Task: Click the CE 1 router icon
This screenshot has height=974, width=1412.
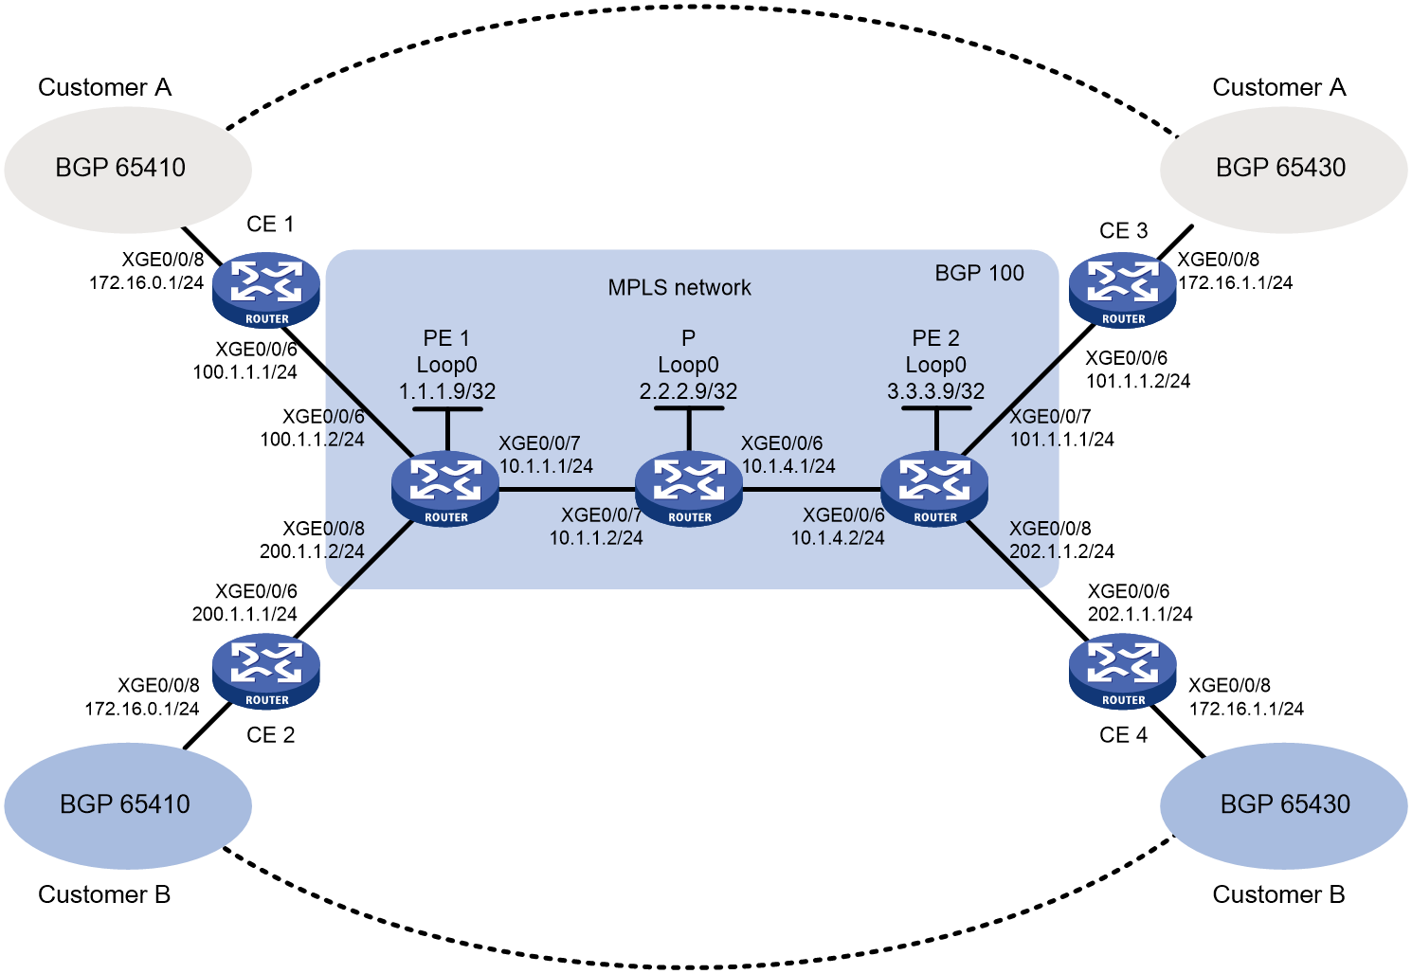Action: pyautogui.click(x=266, y=289)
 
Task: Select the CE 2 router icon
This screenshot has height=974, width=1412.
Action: pyautogui.click(x=266, y=671)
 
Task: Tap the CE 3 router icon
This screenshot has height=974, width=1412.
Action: pyautogui.click(x=1123, y=289)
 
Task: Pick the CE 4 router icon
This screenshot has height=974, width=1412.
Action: pyautogui.click(x=1123, y=671)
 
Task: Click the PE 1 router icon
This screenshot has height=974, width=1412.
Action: pyautogui.click(x=445, y=489)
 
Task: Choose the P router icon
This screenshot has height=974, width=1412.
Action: pyautogui.click(x=689, y=489)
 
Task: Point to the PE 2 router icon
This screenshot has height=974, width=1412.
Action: pyautogui.click(x=934, y=489)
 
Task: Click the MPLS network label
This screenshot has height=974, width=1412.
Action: pyautogui.click(x=679, y=287)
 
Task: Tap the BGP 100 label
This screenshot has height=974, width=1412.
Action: pyautogui.click(x=979, y=273)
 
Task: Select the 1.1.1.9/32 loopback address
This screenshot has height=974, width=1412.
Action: pyautogui.click(x=447, y=391)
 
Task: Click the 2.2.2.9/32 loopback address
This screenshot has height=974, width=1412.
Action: pyautogui.click(x=688, y=391)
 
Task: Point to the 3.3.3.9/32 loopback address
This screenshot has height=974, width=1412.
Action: pyautogui.click(x=935, y=391)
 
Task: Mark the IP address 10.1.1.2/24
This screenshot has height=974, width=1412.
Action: pyautogui.click(x=596, y=538)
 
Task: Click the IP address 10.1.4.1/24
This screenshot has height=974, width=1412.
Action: pyautogui.click(x=788, y=466)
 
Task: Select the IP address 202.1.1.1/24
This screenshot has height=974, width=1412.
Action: pyautogui.click(x=1140, y=613)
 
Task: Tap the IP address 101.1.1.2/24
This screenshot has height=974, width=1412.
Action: pyautogui.click(x=1138, y=381)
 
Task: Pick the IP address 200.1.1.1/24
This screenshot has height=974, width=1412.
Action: pyautogui.click(x=244, y=613)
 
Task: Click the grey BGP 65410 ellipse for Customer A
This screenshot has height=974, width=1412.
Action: pyautogui.click(x=128, y=170)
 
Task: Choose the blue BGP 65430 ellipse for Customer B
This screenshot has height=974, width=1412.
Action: pyautogui.click(x=1283, y=805)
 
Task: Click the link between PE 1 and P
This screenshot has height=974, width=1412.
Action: pyautogui.click(x=567, y=489)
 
